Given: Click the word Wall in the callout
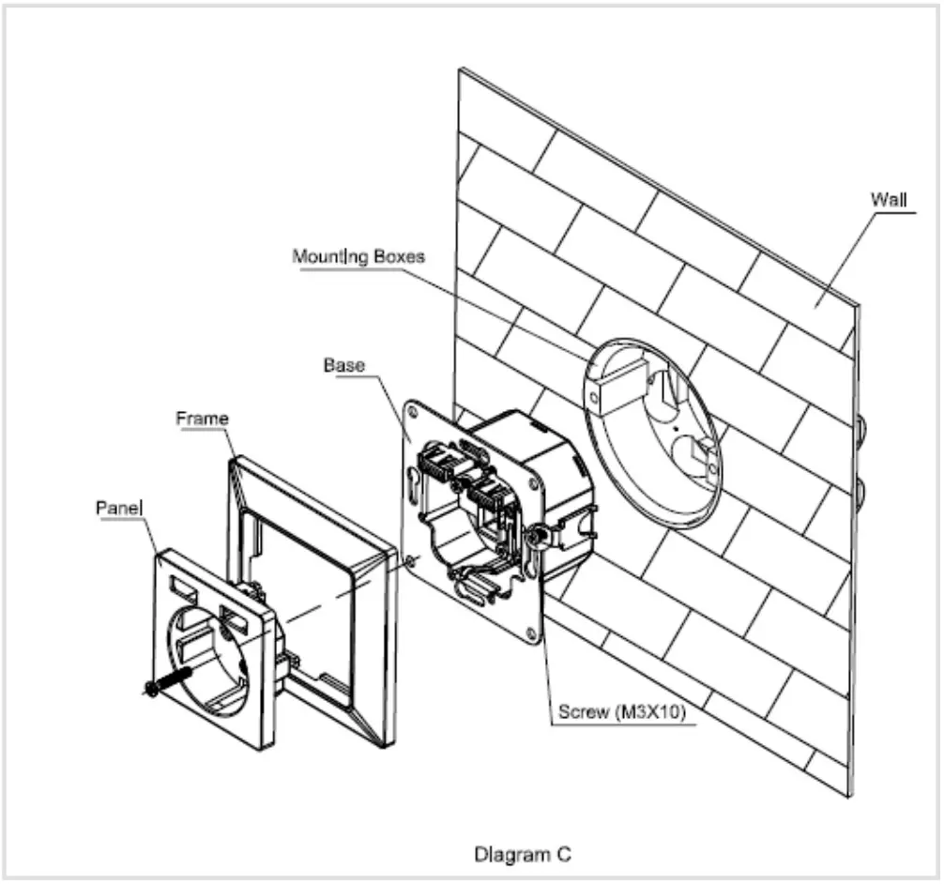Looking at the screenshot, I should tap(887, 200).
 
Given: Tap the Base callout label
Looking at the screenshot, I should tap(343, 364).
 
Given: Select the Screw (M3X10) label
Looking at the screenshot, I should tap(620, 712).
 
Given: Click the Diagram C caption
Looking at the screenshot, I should tap(523, 854).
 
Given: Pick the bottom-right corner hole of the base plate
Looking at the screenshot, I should tap(532, 635).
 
